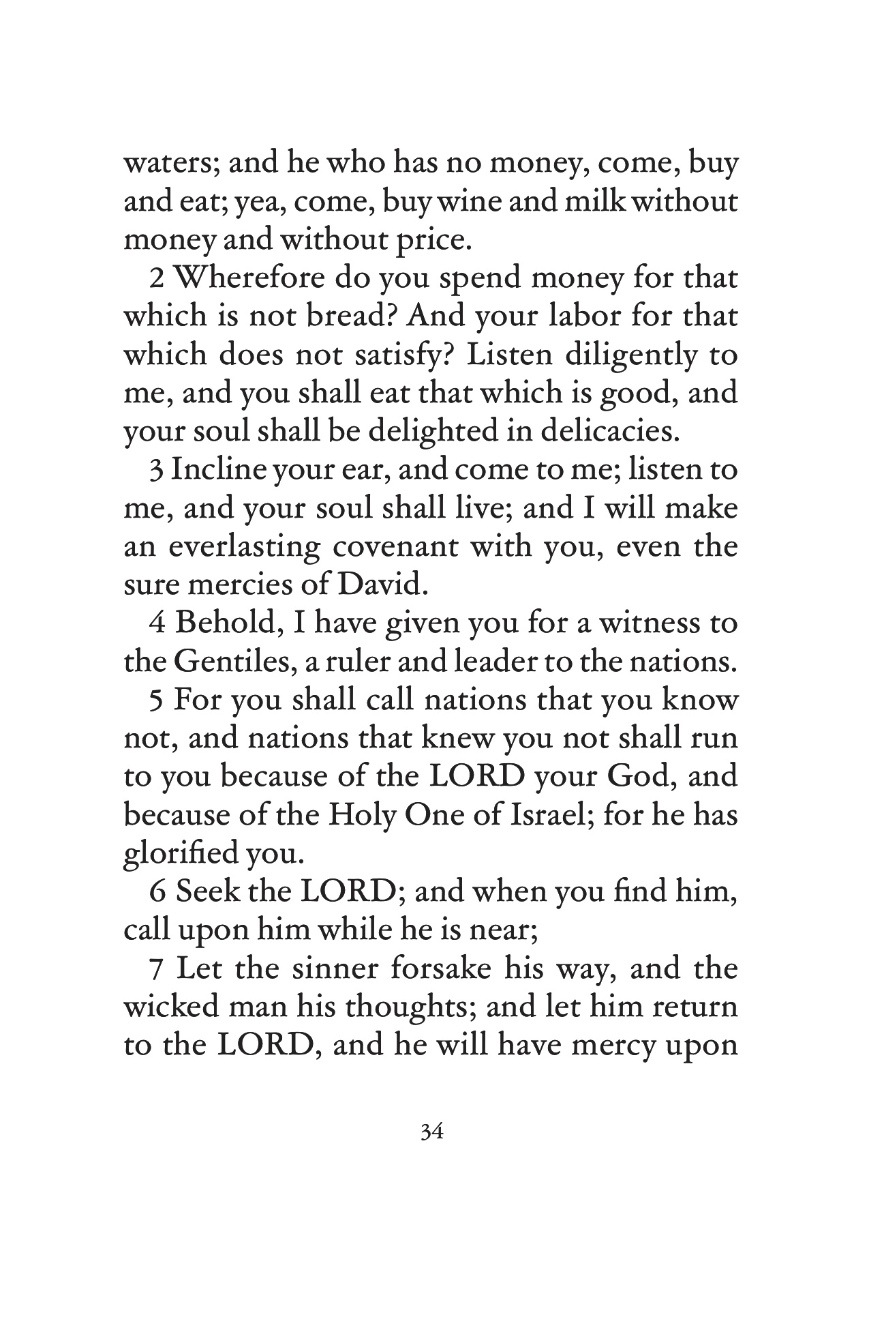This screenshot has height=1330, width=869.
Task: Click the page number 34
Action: [433, 1133]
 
